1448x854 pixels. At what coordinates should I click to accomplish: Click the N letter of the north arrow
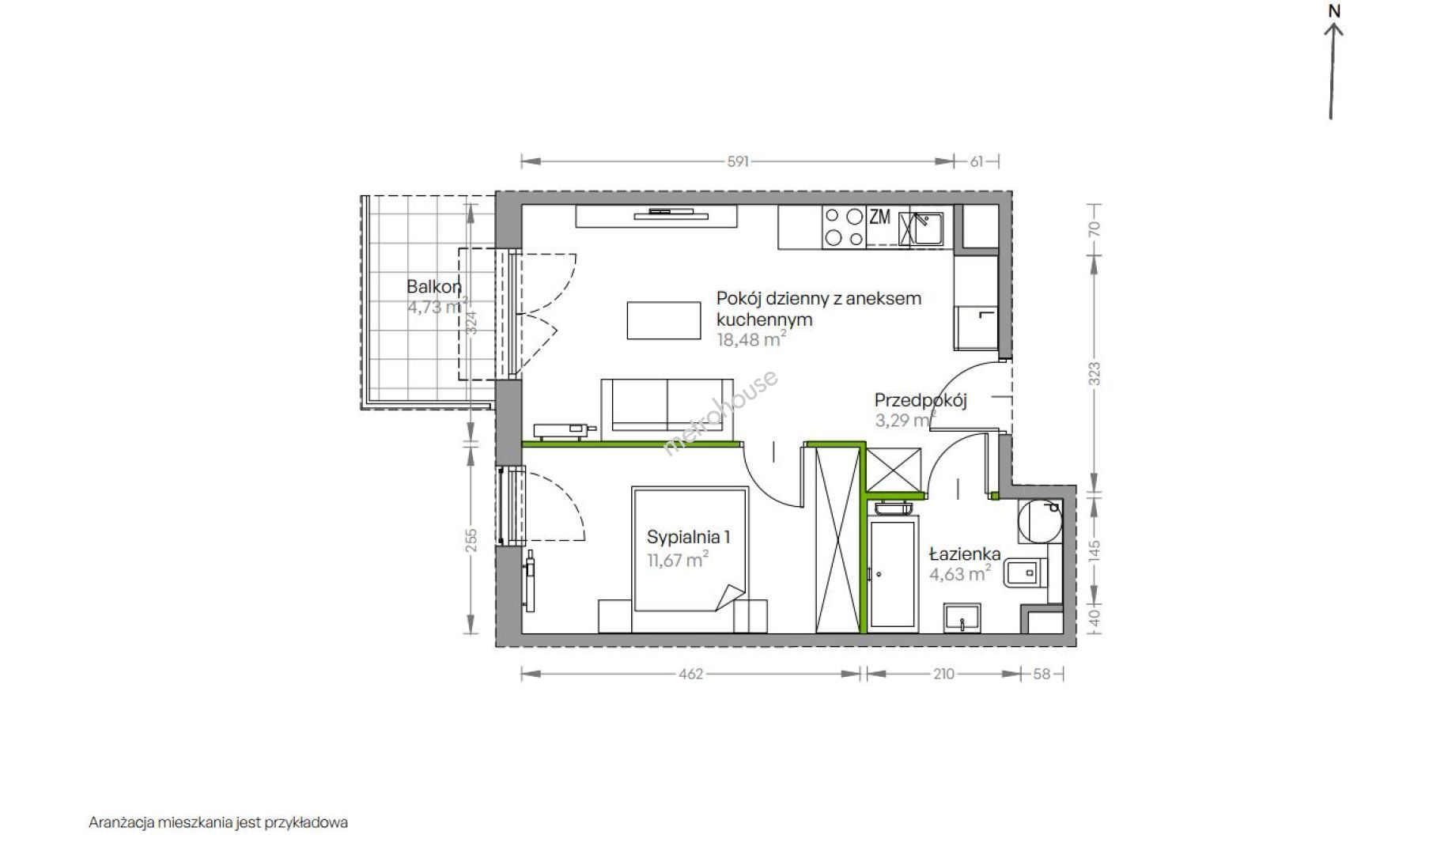click(x=1335, y=11)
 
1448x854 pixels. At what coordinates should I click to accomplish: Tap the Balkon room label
click(x=434, y=286)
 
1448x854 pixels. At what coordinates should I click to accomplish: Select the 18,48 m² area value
click(x=751, y=339)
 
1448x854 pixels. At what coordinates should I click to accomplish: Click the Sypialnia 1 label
click(x=688, y=537)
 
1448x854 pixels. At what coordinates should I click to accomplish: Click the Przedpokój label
click(x=921, y=400)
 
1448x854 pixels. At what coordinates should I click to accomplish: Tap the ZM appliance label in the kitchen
click(x=879, y=217)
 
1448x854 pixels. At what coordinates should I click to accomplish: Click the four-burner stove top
click(x=843, y=227)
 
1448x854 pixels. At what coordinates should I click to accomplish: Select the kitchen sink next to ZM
click(x=922, y=229)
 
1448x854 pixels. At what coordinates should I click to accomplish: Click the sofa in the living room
click(x=667, y=410)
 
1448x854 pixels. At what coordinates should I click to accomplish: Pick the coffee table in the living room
click(x=664, y=320)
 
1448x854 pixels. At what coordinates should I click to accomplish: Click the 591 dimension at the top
click(x=737, y=161)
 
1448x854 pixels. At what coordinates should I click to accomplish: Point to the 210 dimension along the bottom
click(x=944, y=675)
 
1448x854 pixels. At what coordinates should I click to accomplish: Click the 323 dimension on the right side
click(x=1095, y=372)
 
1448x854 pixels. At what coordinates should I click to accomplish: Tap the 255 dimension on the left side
click(x=471, y=539)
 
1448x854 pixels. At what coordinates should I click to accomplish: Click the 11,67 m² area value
click(x=678, y=561)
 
